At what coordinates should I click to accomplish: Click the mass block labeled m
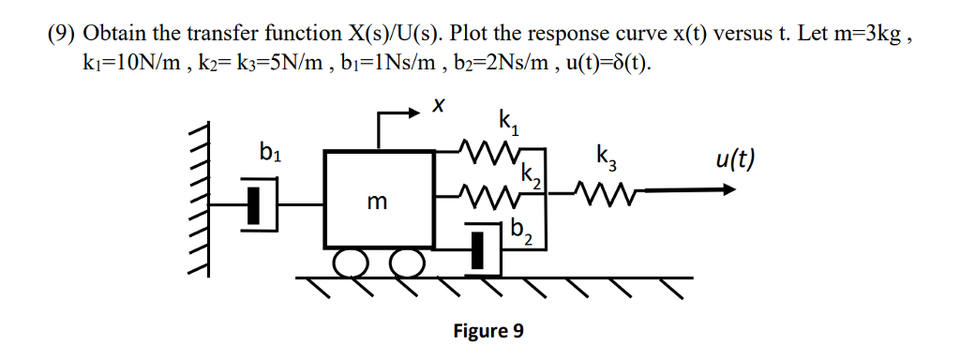click(379, 200)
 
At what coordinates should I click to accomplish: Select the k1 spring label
click(506, 121)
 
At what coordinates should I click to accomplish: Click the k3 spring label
click(606, 157)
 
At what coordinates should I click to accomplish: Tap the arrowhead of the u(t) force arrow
click(727, 189)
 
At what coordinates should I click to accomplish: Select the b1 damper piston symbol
click(253, 206)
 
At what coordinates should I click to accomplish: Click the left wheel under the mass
click(352, 263)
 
